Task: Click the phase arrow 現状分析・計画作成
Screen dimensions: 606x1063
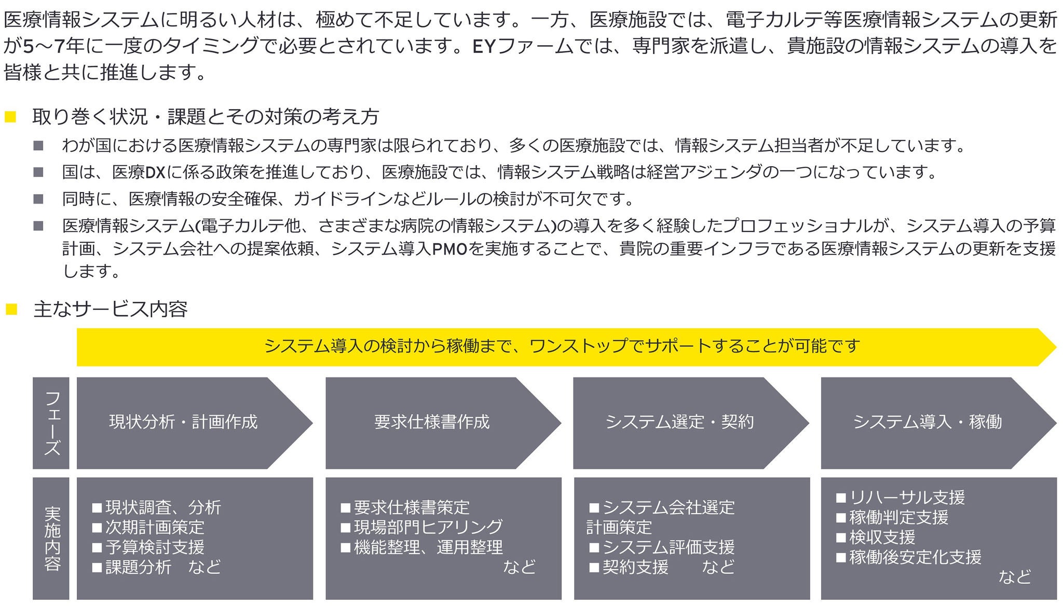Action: coord(183,422)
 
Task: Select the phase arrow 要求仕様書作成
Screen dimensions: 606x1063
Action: coord(432,422)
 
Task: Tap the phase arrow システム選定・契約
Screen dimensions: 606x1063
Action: coord(679,422)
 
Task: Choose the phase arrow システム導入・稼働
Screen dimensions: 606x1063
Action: coord(927,422)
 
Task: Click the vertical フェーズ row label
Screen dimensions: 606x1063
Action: coord(51,423)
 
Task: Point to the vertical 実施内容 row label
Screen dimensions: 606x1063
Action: coord(51,538)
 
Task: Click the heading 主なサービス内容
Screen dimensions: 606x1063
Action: coord(110,309)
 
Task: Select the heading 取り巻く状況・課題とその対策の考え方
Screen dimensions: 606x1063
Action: coord(206,117)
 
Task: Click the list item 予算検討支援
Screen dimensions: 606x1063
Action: coord(155,547)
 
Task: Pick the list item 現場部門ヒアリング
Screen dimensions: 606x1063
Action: coord(428,527)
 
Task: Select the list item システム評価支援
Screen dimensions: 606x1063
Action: coord(669,547)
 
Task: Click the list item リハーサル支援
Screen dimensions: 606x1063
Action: coord(907,497)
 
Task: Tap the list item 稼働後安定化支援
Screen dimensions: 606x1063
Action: coord(915,558)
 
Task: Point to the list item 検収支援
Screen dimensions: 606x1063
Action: coord(882,537)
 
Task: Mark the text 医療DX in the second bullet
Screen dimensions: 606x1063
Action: coord(139,172)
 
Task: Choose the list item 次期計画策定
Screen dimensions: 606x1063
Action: coord(155,528)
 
